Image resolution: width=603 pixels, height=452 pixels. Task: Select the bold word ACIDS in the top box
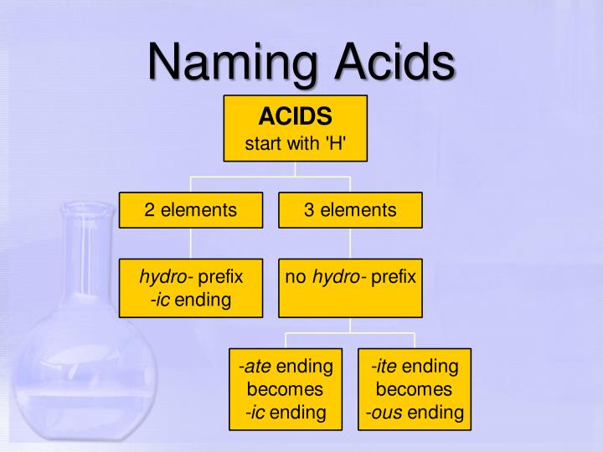tap(295, 116)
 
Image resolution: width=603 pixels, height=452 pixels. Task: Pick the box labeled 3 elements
tap(350, 210)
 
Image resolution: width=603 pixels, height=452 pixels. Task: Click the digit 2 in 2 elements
tap(150, 210)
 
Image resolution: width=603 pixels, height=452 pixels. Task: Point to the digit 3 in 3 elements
tap(309, 210)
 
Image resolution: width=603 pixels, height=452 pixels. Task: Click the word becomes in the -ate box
tap(285, 389)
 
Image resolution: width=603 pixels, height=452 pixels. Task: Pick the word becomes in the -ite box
tap(414, 389)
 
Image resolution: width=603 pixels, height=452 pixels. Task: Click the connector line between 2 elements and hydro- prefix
tap(191, 243)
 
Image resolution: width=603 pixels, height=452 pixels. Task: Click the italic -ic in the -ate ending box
tap(255, 412)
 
